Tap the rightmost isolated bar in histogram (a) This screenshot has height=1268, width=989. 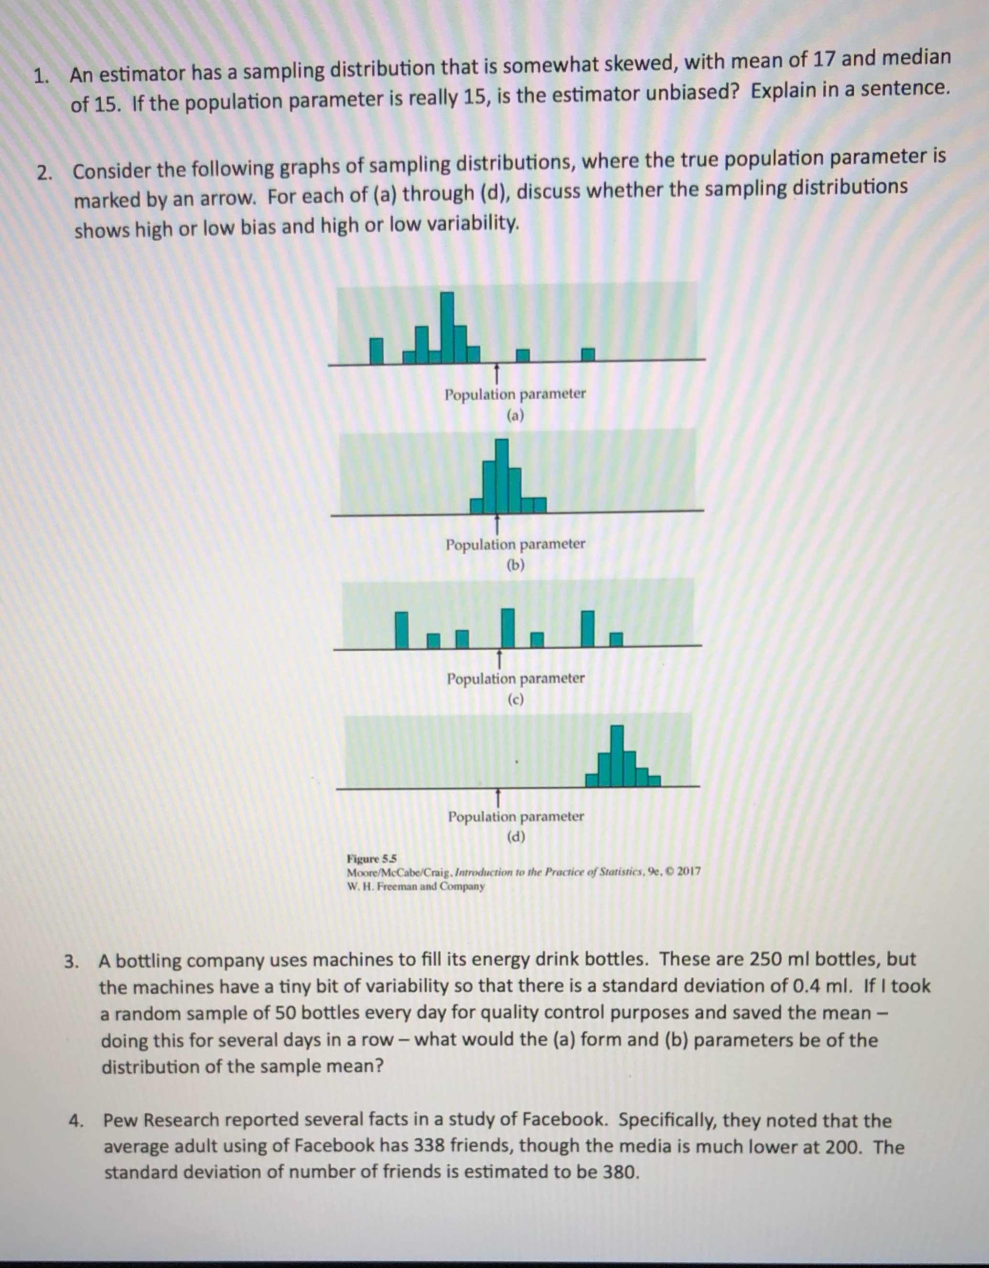[589, 354]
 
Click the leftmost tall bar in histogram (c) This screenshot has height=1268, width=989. [401, 629]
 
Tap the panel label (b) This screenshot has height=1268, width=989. [516, 565]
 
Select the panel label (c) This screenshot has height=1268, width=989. [516, 699]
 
